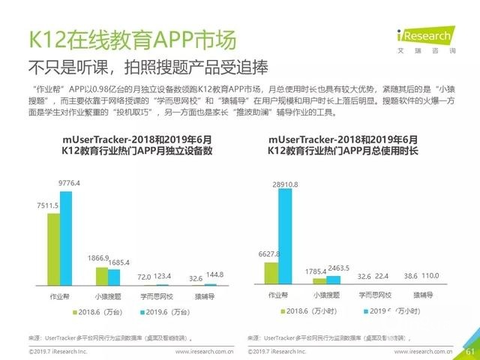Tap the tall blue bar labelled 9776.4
pos(66,238)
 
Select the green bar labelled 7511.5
pos(53,249)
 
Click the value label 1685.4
pos(121,262)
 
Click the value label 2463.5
pos(339,267)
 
